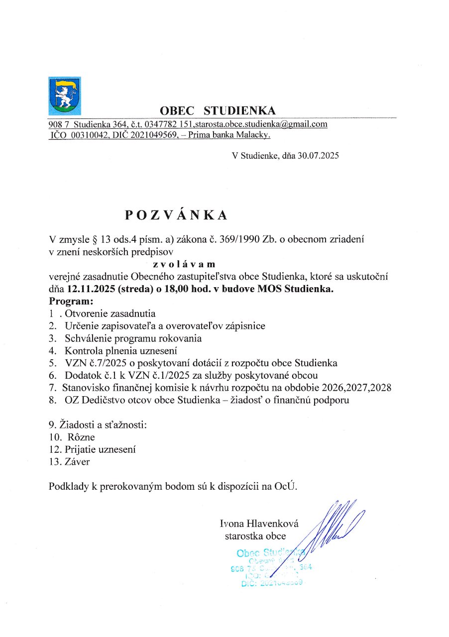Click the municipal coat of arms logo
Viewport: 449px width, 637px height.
coord(65,96)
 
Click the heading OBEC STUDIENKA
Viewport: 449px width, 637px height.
coord(218,110)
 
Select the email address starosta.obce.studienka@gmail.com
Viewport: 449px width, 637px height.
coord(261,124)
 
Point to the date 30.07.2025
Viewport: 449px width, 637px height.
coord(319,156)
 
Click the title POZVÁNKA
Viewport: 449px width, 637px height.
coord(176,214)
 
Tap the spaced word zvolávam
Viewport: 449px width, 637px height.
coord(184,265)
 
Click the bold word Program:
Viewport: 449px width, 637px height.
coord(71,302)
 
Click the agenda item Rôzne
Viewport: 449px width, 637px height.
coord(81,437)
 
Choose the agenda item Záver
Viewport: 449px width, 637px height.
coord(77,462)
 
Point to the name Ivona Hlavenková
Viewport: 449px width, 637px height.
coord(259,523)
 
